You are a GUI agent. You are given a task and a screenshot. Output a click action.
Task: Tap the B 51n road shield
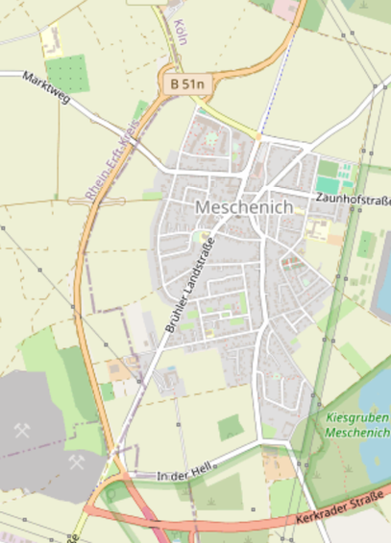[187, 84]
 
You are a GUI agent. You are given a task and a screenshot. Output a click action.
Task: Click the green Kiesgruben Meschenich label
[357, 426]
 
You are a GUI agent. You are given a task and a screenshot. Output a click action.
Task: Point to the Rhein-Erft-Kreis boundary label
[111, 159]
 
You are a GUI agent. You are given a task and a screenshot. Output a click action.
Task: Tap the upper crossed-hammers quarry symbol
[21, 431]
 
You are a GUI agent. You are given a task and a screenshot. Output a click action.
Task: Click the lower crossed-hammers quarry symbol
[76, 462]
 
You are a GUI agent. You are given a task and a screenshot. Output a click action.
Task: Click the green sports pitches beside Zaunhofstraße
[333, 178]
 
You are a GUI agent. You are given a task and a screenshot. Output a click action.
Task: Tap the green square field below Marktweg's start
[66, 73]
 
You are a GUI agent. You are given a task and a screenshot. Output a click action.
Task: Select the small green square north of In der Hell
[231, 428]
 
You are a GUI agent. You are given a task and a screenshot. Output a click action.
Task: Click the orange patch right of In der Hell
[278, 468]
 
